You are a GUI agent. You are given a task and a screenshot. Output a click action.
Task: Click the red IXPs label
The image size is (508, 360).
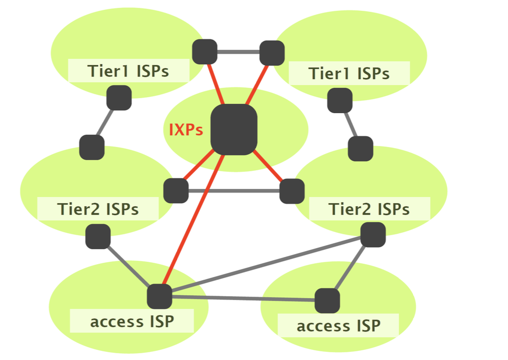tap(186, 130)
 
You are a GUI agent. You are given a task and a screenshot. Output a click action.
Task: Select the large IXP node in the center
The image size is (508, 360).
tap(234, 130)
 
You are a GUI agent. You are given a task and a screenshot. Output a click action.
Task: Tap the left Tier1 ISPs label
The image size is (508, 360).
tap(128, 71)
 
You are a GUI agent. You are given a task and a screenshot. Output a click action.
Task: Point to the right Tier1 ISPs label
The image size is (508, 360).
tap(349, 74)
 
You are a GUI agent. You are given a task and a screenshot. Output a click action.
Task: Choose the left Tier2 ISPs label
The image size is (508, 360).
tap(98, 209)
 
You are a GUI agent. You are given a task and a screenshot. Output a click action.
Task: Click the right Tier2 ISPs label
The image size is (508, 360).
tap(369, 209)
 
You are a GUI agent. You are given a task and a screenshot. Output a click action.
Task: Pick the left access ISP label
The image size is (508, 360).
tap(132, 321)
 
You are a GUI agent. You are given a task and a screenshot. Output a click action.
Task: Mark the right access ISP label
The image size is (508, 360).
tap(338, 326)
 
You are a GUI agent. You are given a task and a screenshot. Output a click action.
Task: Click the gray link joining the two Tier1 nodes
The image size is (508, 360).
tap(239, 52)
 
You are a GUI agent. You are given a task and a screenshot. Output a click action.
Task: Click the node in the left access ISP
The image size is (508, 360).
tap(159, 296)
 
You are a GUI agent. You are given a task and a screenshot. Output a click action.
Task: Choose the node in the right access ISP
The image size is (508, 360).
tap(327, 300)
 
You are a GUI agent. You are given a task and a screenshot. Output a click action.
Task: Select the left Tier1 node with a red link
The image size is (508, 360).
tap(205, 52)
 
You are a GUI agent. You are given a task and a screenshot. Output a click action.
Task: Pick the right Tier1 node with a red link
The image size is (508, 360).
tap(272, 53)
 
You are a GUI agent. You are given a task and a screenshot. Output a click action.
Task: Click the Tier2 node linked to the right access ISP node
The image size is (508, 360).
tap(373, 235)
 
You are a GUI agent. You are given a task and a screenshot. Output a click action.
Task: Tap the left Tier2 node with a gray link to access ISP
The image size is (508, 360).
tap(98, 237)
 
